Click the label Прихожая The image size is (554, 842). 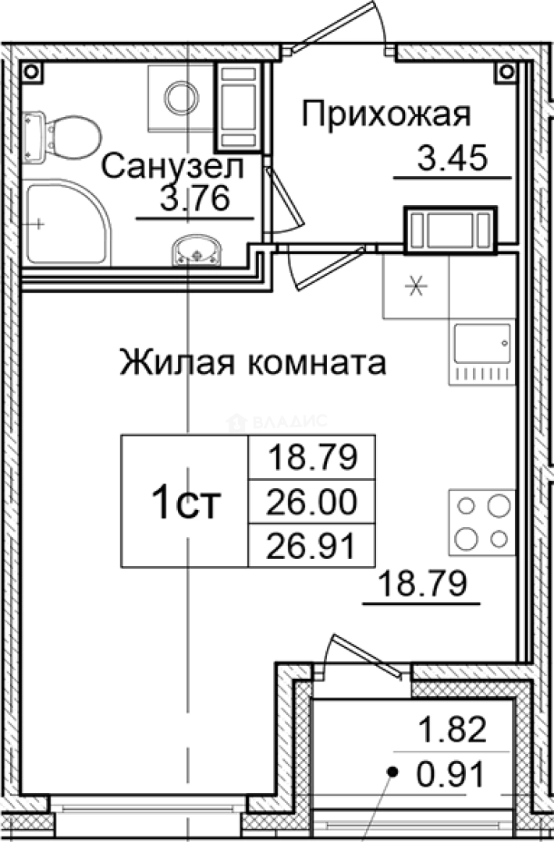click(386, 115)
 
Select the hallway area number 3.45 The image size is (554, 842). click(453, 159)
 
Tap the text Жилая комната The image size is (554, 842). click(252, 363)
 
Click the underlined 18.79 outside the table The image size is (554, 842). click(422, 583)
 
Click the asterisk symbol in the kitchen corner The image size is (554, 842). click(416, 286)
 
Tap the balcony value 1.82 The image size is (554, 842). click(453, 732)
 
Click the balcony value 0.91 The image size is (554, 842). click(453, 775)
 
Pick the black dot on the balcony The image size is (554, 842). click(393, 773)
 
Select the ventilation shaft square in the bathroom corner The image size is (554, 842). click(32, 72)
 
